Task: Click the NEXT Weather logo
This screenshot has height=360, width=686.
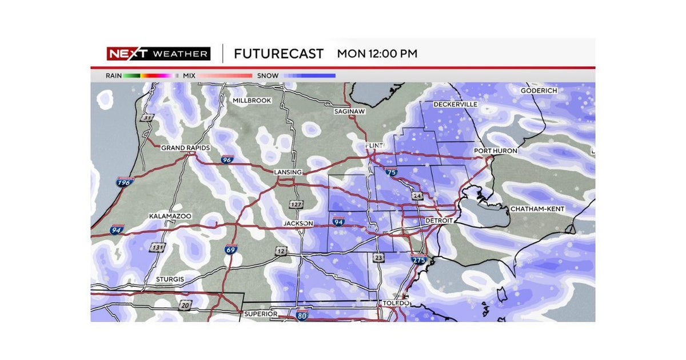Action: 158,54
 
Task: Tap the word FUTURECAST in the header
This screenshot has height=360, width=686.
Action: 279,54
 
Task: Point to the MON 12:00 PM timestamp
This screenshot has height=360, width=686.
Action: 377,54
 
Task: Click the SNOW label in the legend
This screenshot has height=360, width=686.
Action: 268,75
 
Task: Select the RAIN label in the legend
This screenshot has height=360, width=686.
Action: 113,75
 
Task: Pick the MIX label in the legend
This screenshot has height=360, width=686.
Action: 189,75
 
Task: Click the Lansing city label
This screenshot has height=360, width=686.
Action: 287,172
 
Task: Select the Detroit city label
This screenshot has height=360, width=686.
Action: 439,221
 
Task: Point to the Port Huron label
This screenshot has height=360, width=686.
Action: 496,151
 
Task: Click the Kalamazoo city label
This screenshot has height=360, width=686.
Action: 170,217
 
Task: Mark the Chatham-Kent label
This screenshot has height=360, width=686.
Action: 537,209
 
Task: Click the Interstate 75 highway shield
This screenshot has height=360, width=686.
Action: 390,171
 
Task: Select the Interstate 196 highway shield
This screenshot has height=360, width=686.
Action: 123,182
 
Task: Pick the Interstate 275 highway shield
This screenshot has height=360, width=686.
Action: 418,259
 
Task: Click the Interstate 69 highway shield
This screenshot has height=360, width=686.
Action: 230,249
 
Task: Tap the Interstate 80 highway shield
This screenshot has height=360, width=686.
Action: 302,315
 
